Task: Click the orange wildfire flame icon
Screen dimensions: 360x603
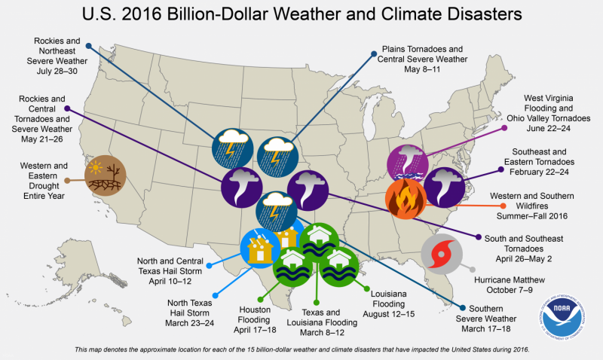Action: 406,197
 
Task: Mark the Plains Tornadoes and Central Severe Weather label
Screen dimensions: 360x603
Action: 422,59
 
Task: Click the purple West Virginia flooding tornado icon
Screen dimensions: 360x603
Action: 408,161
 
